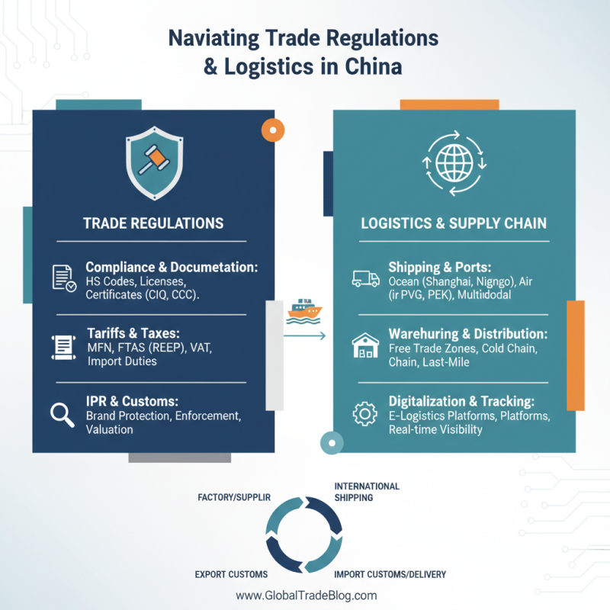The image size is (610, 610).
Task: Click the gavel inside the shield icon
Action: (x=154, y=160)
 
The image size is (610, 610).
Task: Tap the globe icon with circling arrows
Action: (x=454, y=163)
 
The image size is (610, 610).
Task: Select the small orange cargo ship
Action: (x=304, y=311)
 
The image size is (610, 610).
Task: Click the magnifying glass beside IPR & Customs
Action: (x=63, y=415)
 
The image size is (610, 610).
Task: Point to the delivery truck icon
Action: (x=366, y=278)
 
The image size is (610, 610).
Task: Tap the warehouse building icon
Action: (x=365, y=345)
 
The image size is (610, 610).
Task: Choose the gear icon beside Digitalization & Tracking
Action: (x=364, y=413)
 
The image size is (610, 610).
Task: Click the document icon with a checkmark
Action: (x=64, y=278)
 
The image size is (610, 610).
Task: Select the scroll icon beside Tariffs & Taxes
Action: (x=63, y=347)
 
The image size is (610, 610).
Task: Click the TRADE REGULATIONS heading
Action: (x=153, y=223)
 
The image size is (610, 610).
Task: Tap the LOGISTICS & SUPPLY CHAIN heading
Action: (x=454, y=223)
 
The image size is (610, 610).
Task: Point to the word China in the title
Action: (x=373, y=66)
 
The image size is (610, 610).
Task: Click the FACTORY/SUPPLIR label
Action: (x=234, y=497)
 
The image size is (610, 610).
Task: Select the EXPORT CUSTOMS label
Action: (x=231, y=574)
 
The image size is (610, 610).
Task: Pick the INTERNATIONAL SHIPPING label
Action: (x=367, y=492)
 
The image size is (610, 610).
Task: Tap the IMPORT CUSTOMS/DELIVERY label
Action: (x=390, y=574)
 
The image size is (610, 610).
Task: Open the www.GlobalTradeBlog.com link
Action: (x=307, y=596)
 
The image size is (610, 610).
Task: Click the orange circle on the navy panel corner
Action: (x=273, y=130)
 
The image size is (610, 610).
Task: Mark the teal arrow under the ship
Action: (x=304, y=335)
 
